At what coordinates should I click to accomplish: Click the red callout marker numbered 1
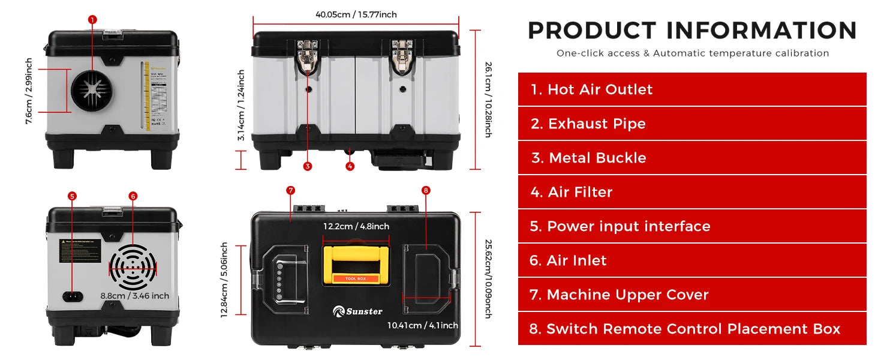click(92, 20)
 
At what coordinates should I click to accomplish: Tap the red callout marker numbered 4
click(350, 167)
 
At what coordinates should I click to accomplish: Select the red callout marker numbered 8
click(426, 191)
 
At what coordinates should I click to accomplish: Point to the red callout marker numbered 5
click(73, 196)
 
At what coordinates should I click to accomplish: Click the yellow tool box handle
click(356, 262)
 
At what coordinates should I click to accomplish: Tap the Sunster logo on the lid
click(357, 311)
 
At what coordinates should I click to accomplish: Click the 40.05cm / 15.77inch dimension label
click(356, 14)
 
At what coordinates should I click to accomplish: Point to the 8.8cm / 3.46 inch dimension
click(134, 295)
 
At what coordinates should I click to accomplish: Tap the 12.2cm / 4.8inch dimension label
click(356, 226)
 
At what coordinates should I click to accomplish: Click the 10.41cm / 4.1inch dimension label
click(422, 325)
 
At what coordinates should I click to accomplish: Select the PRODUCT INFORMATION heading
click(692, 30)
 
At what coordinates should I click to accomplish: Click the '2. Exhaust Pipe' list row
click(692, 124)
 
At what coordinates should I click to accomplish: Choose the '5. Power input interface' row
click(692, 226)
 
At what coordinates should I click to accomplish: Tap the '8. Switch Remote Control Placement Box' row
click(692, 329)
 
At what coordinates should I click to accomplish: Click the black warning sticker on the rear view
click(80, 250)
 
